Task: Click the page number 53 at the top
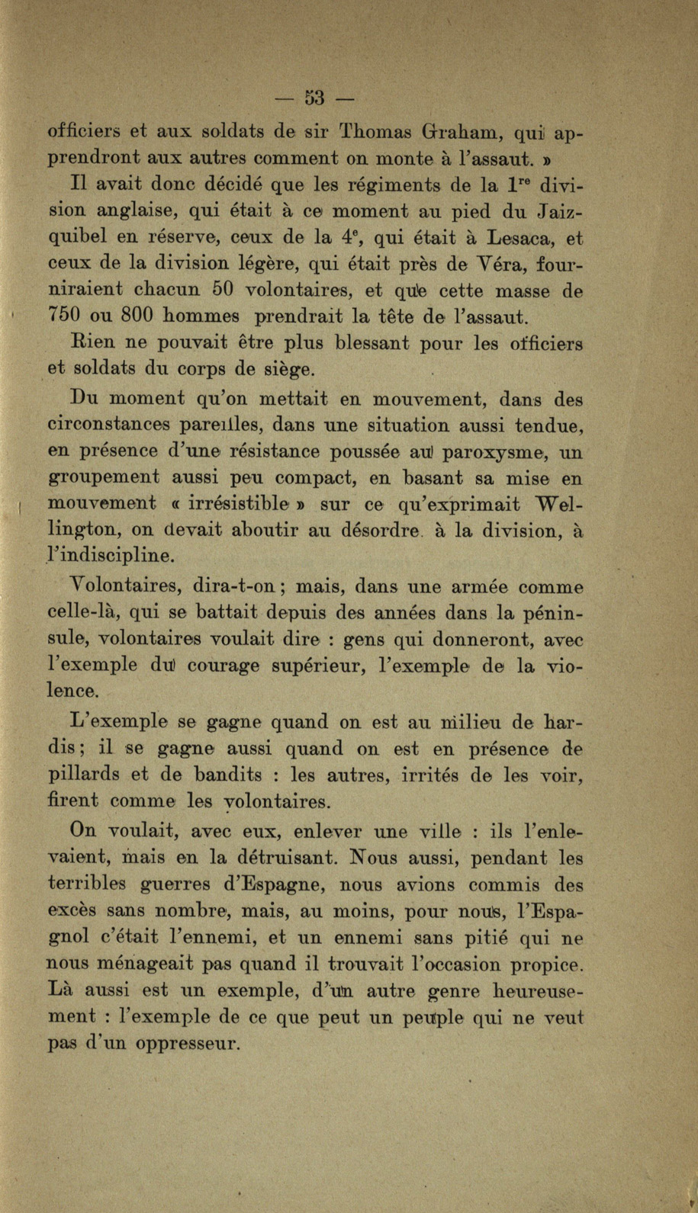click(314, 98)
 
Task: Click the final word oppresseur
click(188, 1041)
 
